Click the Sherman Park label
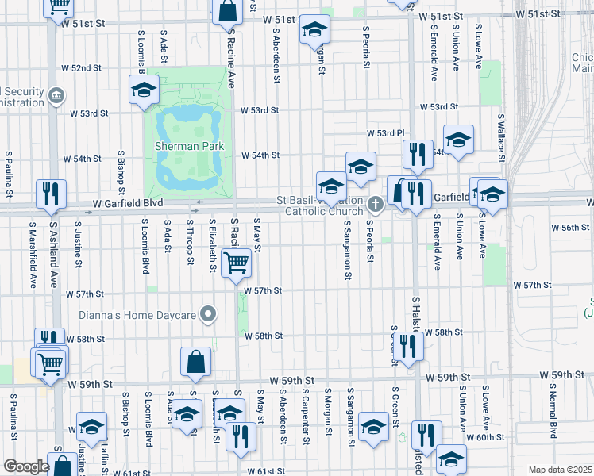tap(189, 146)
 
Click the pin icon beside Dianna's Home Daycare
tap(208, 315)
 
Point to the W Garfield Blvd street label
tap(127, 204)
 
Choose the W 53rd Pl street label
tap(386, 133)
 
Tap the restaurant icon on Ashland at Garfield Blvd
tap(51, 194)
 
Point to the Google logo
tap(26, 466)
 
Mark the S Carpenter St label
tap(305, 409)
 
